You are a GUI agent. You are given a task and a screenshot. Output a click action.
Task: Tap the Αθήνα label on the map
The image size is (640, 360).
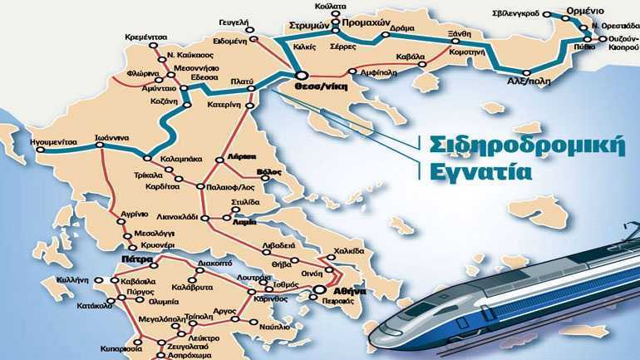pos(347,292)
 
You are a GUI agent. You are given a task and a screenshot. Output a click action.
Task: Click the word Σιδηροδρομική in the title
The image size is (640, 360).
pos(528,142)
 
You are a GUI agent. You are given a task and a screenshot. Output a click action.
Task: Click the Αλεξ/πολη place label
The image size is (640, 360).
pos(526,81)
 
